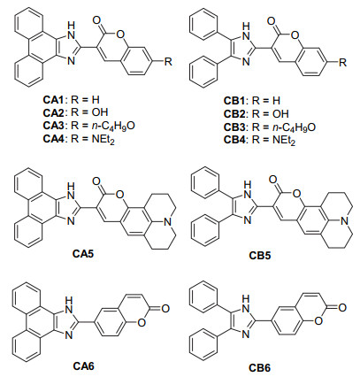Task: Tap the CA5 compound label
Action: coord(82,253)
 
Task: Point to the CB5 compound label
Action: coord(260,255)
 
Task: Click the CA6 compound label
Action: coord(83,365)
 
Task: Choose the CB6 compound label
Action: coord(259,368)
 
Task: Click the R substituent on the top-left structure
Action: coord(168,62)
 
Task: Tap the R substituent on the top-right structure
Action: coord(342,62)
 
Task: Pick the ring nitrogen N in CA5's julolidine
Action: coord(168,222)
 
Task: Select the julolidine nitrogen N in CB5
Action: coord(343,221)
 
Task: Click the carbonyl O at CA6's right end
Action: coord(165,309)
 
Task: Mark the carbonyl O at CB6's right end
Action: coord(341,308)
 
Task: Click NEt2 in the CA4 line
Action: coord(103,139)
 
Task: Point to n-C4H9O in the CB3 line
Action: coord(284,127)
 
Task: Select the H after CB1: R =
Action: coord(276,101)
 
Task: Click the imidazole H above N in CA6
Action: coord(69,301)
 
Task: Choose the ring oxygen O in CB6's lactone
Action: coord(318,321)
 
